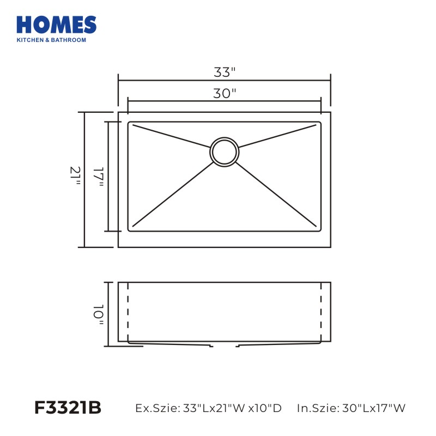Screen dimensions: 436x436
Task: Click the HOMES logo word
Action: (x=57, y=25)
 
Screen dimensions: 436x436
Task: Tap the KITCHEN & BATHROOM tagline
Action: (x=51, y=40)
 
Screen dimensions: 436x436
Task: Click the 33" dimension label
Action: (x=225, y=72)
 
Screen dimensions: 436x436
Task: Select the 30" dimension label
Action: (x=225, y=93)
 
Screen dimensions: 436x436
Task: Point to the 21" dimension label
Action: (x=75, y=176)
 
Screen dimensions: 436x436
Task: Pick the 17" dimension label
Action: (x=98, y=177)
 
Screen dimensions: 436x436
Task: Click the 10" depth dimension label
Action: (x=98, y=314)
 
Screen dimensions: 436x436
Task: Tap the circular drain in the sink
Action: (x=225, y=152)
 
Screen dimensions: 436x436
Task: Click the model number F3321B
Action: (x=68, y=408)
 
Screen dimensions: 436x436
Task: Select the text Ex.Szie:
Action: (x=158, y=408)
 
